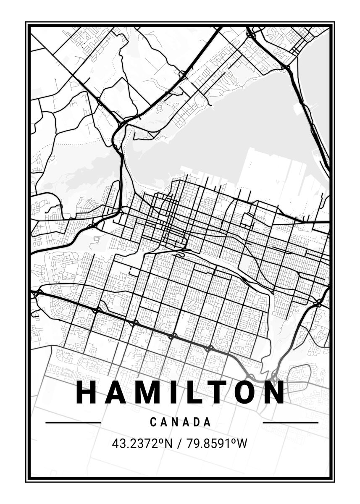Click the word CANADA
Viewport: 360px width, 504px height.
(181, 422)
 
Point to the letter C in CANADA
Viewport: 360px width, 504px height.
(153, 422)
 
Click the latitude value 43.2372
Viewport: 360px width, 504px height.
(134, 443)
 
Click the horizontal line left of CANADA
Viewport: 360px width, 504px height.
(73, 422)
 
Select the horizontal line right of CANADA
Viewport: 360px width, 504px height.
(290, 422)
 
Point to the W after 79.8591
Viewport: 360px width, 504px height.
(241, 443)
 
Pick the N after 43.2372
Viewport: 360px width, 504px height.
(168, 443)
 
